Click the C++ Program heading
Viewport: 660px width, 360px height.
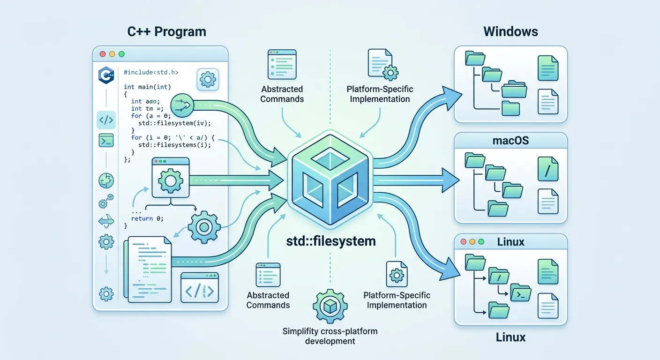pos(166,32)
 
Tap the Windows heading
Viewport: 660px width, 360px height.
pos(510,32)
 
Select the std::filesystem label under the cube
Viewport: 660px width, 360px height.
pos(331,241)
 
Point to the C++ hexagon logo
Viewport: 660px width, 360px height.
pos(106,75)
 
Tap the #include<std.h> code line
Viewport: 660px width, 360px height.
pos(151,73)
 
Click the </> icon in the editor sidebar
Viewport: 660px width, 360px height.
pos(106,120)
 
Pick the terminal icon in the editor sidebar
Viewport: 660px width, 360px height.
pos(106,140)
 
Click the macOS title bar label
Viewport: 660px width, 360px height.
pos(510,140)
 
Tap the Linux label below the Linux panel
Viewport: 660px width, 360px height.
pos(510,337)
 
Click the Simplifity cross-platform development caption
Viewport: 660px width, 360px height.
pos(330,336)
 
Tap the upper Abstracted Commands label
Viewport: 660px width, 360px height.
pos(282,94)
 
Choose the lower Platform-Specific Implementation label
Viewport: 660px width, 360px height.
pos(397,300)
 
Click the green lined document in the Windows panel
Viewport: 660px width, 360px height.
pos(548,67)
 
